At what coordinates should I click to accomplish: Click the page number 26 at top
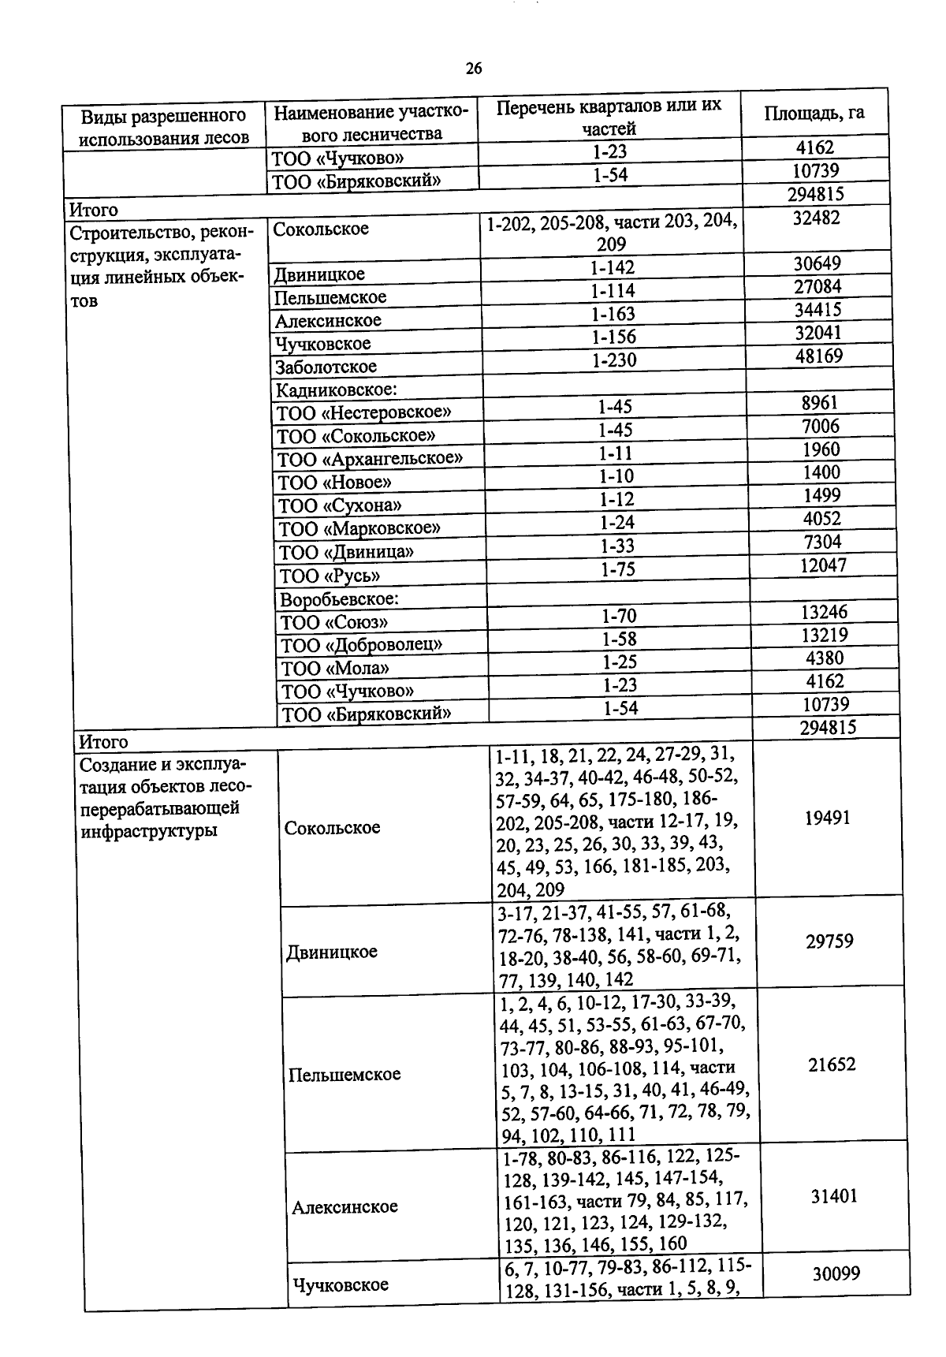tap(473, 69)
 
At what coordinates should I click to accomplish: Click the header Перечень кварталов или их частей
tap(609, 117)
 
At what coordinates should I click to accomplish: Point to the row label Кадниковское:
tap(335, 390)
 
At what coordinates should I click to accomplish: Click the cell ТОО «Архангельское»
tap(369, 458)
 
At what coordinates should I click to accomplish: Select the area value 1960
tap(821, 449)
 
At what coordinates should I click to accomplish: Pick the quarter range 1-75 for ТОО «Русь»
tap(617, 569)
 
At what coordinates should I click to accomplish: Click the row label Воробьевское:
tap(340, 599)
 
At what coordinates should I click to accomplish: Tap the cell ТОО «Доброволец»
tap(362, 645)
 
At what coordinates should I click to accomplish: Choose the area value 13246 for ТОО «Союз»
tap(825, 612)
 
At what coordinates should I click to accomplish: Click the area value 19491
tap(827, 818)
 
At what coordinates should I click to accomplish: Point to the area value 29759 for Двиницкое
tap(829, 941)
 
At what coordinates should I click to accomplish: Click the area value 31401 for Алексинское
tap(833, 1197)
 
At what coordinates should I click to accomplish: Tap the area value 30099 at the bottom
tap(836, 1273)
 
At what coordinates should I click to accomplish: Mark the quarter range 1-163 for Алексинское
tap(613, 314)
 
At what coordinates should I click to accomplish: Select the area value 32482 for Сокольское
tap(816, 218)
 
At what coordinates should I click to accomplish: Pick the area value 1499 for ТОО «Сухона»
tap(821, 495)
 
